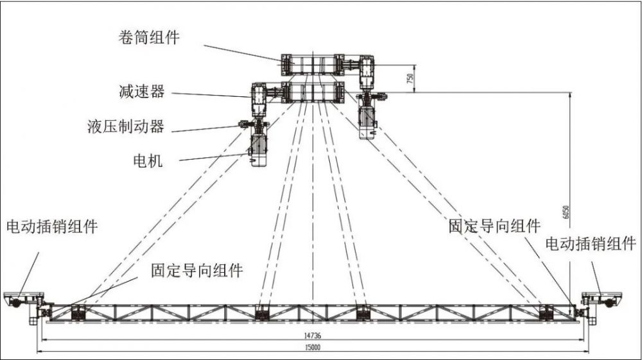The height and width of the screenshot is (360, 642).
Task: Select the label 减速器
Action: click(x=141, y=92)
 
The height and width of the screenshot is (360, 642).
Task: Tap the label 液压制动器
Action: click(x=125, y=126)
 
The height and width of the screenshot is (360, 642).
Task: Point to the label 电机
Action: click(x=148, y=160)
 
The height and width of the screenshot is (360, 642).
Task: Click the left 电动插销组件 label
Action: click(x=52, y=227)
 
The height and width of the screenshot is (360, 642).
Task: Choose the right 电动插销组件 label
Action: click(x=591, y=244)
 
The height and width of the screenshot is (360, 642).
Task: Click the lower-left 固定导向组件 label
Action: click(x=197, y=270)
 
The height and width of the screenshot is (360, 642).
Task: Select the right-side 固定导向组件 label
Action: click(x=494, y=226)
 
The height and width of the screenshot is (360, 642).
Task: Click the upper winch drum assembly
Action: click(x=312, y=65)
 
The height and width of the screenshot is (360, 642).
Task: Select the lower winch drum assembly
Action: click(x=312, y=92)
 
